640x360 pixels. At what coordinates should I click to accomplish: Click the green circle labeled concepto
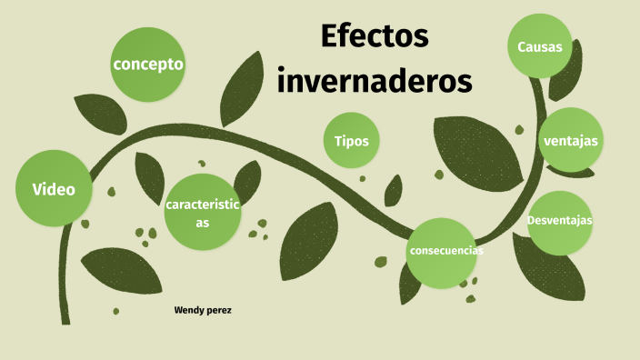[x=148, y=64]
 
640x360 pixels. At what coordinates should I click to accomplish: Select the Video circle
[x=54, y=189]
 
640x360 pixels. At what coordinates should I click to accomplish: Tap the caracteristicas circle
[x=202, y=212]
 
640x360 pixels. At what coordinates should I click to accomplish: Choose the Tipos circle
[x=351, y=141]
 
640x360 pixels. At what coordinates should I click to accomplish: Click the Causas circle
[x=540, y=46]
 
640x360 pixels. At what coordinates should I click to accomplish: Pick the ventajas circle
[x=570, y=140]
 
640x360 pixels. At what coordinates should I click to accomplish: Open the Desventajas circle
[x=560, y=221]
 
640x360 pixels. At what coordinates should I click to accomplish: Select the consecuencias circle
[x=445, y=251]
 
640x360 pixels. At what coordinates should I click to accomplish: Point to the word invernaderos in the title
[x=375, y=80]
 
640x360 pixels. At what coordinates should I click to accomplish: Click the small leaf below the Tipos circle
[x=393, y=190]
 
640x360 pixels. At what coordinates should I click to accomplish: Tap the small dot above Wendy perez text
[x=115, y=311]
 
